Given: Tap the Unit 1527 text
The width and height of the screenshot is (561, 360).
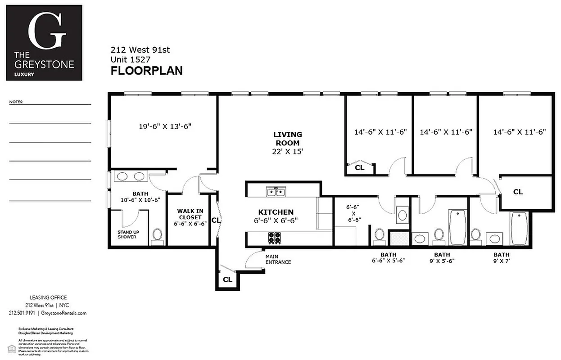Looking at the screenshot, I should pos(131,59).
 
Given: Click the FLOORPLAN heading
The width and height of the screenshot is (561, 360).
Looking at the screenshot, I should pos(146,71).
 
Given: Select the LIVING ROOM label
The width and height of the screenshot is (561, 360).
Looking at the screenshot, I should pos(288,139).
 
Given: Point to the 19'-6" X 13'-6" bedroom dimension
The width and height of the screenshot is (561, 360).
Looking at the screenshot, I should pos(165,126).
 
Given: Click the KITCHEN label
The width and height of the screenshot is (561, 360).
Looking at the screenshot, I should pos(276,212).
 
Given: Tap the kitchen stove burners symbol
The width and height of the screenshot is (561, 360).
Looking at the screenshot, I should pos(275,237).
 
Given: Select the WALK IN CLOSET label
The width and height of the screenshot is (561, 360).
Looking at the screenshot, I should pos(189,214).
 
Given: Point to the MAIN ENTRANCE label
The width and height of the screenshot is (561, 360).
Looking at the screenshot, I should pos(278,259).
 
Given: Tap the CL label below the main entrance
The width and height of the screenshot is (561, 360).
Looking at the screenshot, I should pos(227,280).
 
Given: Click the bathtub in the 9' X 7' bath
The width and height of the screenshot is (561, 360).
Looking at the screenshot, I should pos(519,228).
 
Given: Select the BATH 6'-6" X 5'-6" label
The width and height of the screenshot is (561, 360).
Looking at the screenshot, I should pos(388,257).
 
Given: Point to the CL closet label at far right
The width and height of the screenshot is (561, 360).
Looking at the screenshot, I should pos(518,192).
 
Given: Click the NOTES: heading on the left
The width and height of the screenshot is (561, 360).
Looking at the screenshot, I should pos(16,102).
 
